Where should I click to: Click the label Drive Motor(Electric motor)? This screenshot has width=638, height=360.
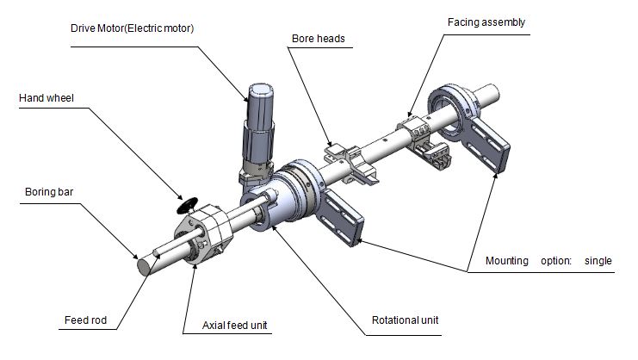tap(132, 28)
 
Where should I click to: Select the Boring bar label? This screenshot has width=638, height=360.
tap(42, 203)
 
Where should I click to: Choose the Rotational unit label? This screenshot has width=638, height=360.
tap(406, 320)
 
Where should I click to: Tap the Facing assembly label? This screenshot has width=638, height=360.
tap(486, 22)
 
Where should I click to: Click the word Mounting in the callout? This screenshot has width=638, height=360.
tap(508, 260)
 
